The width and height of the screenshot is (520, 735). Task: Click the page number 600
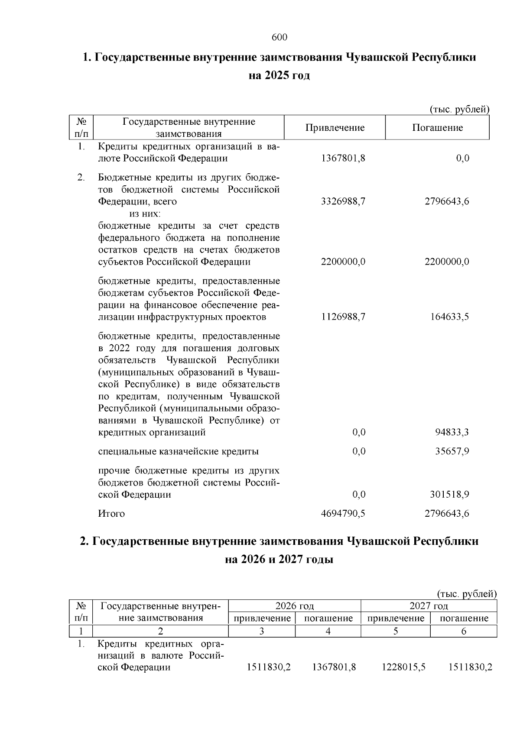point(279,38)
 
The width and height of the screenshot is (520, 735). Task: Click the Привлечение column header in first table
point(335,128)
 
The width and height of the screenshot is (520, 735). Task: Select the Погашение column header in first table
point(437,128)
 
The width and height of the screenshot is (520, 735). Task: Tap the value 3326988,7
point(343,201)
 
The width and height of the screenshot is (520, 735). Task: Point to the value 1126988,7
point(343,317)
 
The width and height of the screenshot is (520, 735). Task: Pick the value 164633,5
point(449,317)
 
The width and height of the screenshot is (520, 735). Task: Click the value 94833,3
point(452,432)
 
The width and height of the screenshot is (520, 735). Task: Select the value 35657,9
point(452,451)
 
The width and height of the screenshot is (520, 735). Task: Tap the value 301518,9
point(449,495)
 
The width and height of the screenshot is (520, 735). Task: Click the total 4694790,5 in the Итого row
point(343,514)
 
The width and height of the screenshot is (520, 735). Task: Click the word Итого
point(111,514)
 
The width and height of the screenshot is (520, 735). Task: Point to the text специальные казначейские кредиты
point(179,451)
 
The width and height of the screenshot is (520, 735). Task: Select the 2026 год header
point(295,606)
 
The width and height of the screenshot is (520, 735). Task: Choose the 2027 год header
point(429,606)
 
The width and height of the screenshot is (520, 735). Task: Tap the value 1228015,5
point(403,667)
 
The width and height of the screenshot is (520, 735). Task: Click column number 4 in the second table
point(328,631)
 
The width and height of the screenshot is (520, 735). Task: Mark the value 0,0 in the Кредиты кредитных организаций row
point(463,159)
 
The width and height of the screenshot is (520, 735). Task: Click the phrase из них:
point(145,214)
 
